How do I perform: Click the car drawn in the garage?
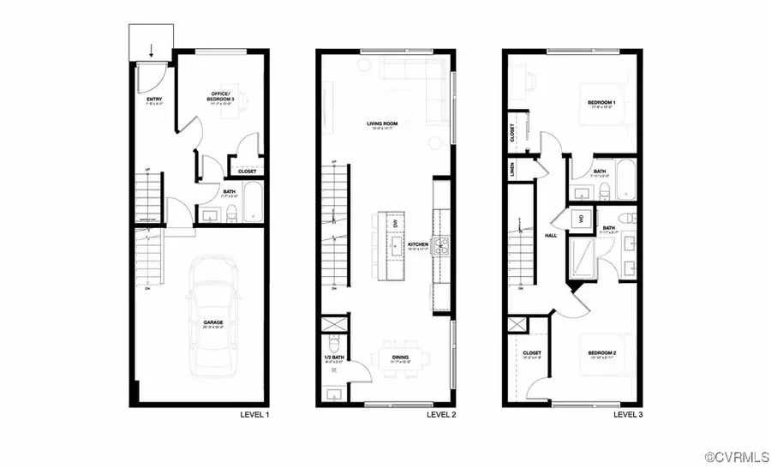click(x=210, y=317)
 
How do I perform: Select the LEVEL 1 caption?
click(x=254, y=415)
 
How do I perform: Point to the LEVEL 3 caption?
click(x=628, y=415)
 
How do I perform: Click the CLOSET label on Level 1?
click(x=247, y=171)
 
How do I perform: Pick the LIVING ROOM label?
click(x=383, y=123)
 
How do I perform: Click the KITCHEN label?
click(x=418, y=244)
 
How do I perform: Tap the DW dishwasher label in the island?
click(x=395, y=224)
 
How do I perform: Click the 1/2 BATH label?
click(x=334, y=357)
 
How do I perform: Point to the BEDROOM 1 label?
click(x=601, y=103)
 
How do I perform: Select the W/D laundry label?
click(x=582, y=219)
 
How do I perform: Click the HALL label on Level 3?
click(x=551, y=234)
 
